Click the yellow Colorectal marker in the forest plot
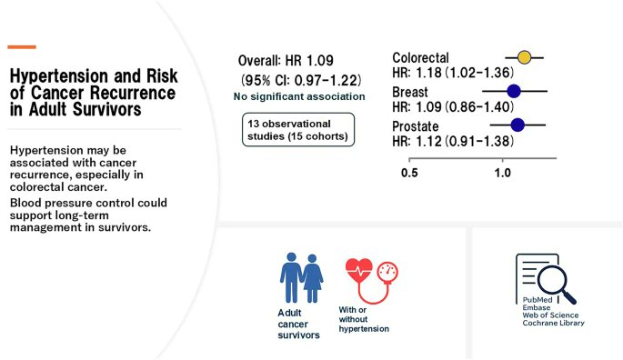(524, 58)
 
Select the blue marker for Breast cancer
(514, 90)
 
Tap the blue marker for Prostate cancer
(517, 125)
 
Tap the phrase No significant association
(299, 96)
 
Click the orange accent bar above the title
(21, 46)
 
